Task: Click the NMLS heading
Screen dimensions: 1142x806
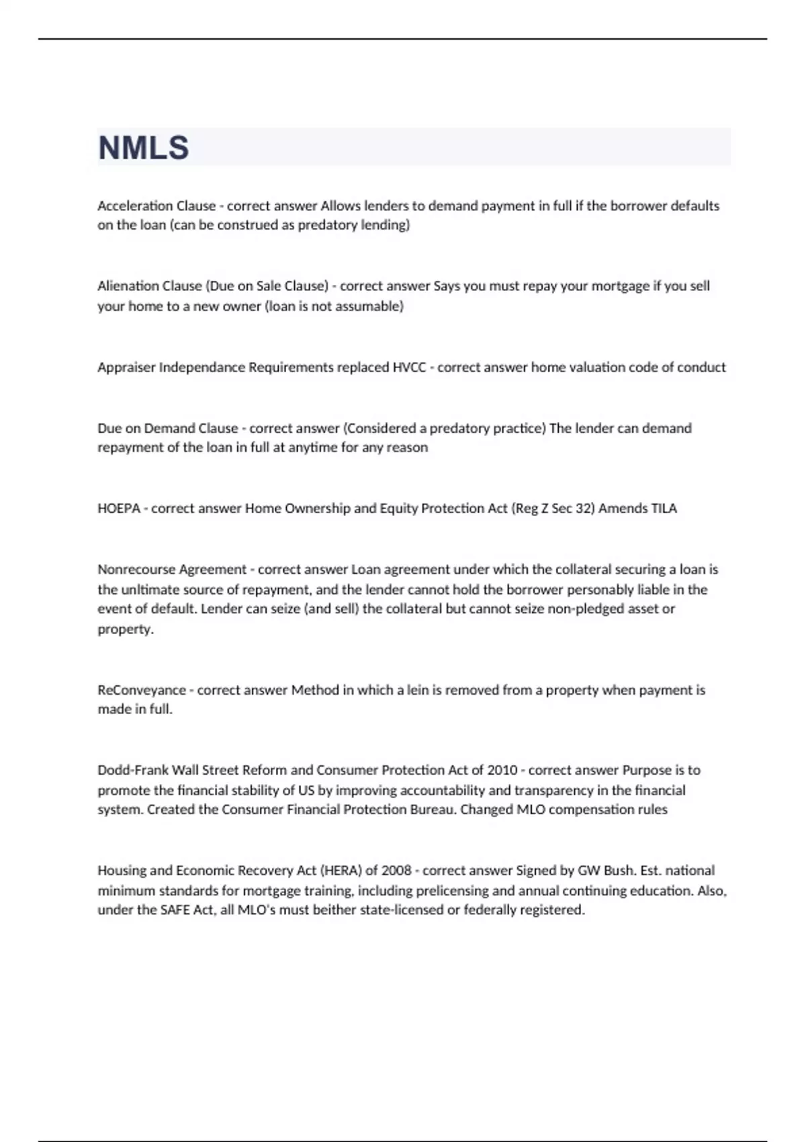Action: click(143, 148)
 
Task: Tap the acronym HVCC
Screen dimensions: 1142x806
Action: click(408, 367)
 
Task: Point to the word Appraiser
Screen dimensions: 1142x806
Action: click(126, 367)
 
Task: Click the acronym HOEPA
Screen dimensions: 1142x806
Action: click(118, 509)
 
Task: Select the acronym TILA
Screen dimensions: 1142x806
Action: click(664, 509)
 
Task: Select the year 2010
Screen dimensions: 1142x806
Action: click(502, 771)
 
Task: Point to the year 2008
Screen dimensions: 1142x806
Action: click(396, 871)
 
